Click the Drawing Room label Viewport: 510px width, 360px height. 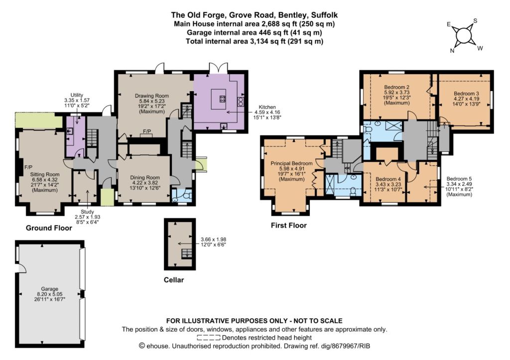pos(152,96)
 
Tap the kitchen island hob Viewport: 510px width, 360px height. pos(223,99)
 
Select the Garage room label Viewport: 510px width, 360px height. pos(49,289)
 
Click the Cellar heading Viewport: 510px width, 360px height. pos(174,280)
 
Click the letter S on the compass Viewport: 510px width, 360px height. pos(475,21)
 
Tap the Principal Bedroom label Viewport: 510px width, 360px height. pos(291,163)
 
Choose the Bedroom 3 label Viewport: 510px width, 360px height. pos(466,94)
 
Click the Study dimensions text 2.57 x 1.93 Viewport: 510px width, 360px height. pos(88,217)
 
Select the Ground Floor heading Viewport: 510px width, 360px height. pos(49,228)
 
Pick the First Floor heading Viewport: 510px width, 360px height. pos(289,226)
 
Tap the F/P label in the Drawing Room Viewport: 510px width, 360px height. pos(147,131)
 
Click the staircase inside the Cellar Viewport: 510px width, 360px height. pos(186,253)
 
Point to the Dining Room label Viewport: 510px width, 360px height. pos(145,178)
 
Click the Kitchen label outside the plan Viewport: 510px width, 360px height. pos(267,107)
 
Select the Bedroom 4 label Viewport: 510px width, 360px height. pos(388,179)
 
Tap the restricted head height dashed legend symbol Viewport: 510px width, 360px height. pos(209,338)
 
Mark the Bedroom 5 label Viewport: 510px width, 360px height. pos(459,179)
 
